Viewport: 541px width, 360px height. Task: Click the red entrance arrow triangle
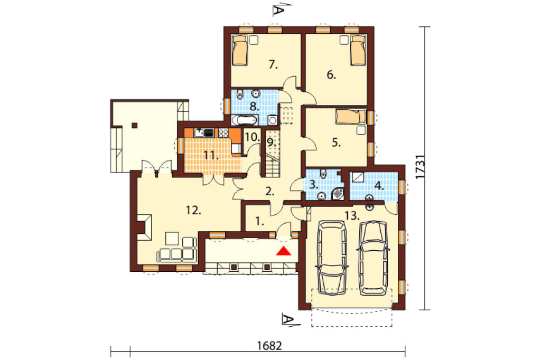click(284, 251)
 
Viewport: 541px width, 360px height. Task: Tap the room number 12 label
click(193, 210)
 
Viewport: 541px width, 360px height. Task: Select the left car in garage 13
click(332, 257)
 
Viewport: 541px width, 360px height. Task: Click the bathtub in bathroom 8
click(244, 120)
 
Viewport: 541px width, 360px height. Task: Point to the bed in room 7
click(240, 50)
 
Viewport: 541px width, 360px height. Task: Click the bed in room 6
click(358, 50)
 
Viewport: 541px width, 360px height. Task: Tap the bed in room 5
click(351, 116)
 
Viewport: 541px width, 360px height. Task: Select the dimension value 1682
click(269, 346)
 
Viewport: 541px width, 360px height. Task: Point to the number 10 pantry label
click(252, 137)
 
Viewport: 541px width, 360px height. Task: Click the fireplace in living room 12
click(145, 227)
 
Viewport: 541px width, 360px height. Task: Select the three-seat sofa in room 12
click(176, 254)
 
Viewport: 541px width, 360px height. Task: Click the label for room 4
click(379, 186)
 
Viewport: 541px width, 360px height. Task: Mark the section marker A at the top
click(278, 11)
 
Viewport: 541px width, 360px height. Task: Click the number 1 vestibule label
click(259, 221)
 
